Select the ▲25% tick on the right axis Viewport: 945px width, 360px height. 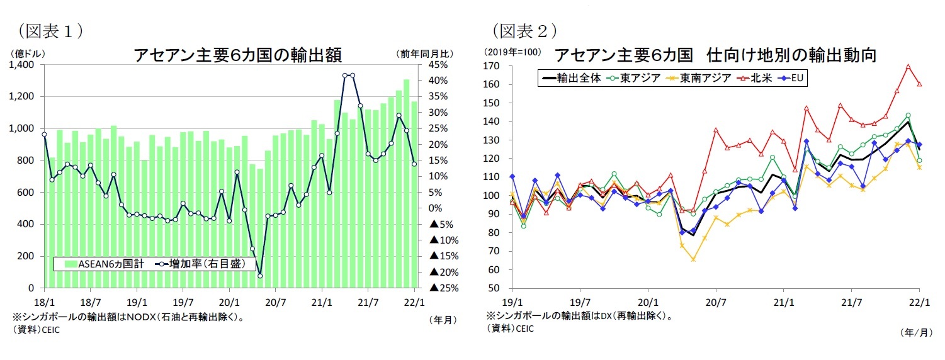coord(442,288)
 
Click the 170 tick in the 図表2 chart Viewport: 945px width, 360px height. coord(497,65)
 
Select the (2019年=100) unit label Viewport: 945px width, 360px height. coord(512,52)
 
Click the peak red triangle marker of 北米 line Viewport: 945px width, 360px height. coord(908,66)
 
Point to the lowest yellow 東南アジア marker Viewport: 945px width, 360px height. coord(693,259)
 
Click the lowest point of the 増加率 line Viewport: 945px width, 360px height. coord(260,276)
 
